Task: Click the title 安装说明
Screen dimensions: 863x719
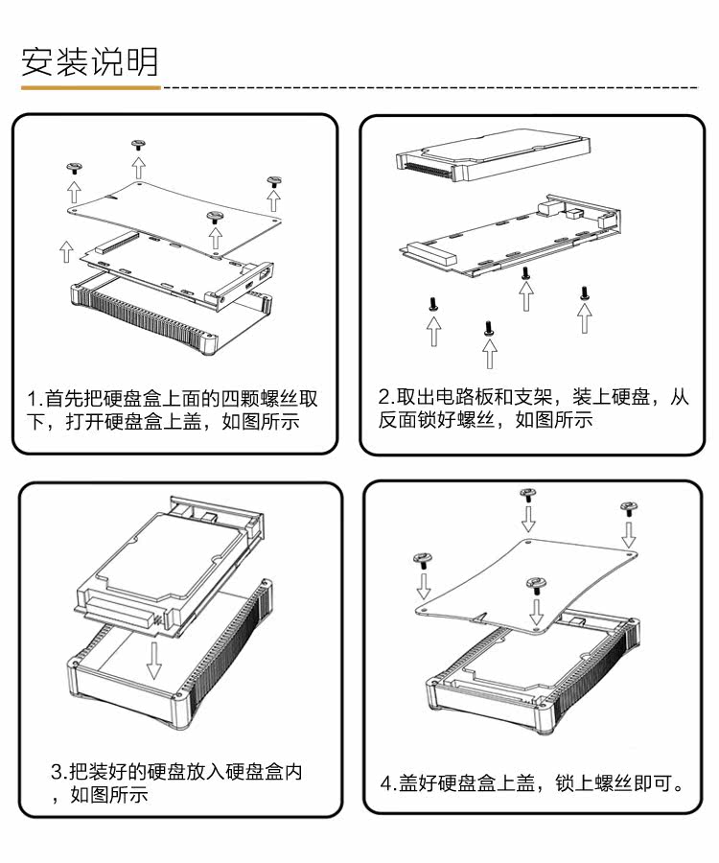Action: click(90, 61)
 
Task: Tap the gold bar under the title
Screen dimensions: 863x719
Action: click(90, 87)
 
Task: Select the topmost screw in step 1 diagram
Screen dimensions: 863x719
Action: click(138, 145)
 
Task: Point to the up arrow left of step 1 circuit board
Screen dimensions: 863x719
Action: click(65, 250)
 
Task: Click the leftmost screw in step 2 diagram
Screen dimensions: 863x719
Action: click(434, 304)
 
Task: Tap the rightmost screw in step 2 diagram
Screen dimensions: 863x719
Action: click(584, 292)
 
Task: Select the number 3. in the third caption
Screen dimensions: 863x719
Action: click(59, 772)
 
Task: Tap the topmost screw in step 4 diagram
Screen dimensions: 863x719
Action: click(527, 494)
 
